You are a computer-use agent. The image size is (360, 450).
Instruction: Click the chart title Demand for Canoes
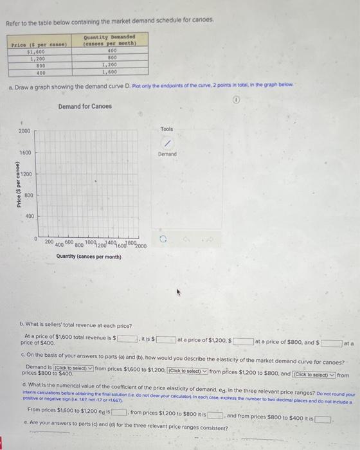click(x=84, y=106)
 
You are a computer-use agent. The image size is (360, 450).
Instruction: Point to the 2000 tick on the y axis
click(x=24, y=131)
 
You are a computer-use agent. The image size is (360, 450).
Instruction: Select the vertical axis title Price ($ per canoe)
click(x=14, y=184)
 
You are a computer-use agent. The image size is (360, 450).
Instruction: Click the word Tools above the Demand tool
click(x=166, y=129)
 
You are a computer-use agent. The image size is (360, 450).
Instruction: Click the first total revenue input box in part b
click(x=126, y=338)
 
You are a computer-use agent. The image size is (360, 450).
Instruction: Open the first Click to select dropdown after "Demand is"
click(x=72, y=367)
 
